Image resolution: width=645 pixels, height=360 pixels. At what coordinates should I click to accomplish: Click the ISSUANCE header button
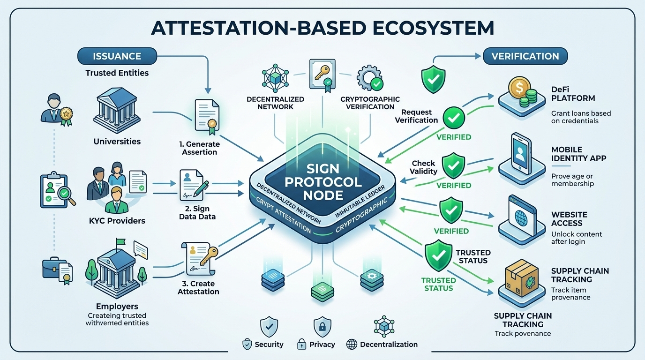(117, 56)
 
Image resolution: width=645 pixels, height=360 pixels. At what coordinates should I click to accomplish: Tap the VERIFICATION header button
(525, 56)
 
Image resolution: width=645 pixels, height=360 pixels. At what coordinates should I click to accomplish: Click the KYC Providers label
(117, 221)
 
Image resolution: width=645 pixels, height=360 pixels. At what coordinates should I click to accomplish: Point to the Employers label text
(117, 307)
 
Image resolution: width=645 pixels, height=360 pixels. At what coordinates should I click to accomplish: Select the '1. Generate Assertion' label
(200, 148)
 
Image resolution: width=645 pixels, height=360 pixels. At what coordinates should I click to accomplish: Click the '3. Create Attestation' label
(198, 287)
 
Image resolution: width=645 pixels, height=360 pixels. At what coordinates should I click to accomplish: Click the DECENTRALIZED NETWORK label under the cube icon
(275, 103)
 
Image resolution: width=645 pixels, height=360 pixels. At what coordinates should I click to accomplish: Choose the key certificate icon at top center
(322, 74)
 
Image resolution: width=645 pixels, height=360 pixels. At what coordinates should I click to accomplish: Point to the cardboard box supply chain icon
(519, 280)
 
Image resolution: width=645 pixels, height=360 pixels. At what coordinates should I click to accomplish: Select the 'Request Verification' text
(416, 116)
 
